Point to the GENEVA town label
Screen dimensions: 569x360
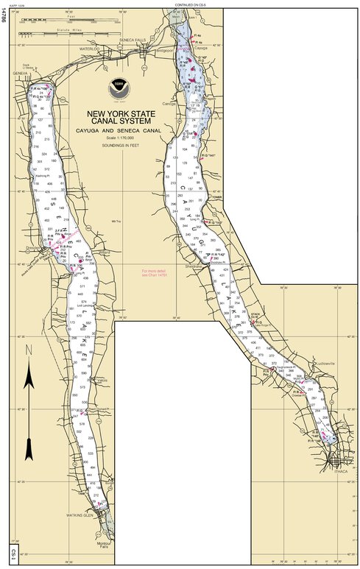click(20, 74)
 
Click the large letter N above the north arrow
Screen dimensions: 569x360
click(29, 350)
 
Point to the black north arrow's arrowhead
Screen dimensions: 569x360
click(29, 377)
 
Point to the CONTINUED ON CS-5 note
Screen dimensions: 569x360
click(189, 4)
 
